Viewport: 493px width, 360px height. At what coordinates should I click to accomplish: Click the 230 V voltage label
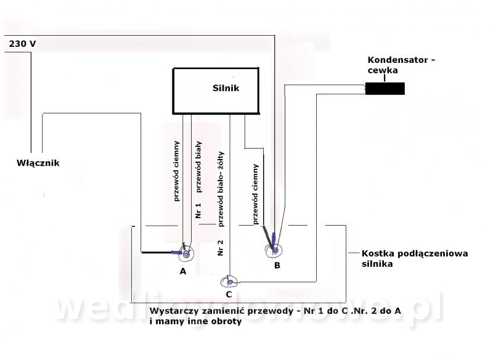click(22, 44)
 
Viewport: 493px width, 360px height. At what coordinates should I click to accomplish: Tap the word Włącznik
click(38, 163)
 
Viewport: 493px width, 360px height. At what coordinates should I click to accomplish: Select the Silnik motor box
click(216, 91)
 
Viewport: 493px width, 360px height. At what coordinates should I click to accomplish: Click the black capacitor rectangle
click(385, 89)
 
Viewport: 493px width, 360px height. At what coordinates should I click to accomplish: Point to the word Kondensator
click(397, 60)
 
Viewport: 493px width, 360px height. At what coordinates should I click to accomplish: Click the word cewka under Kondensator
click(383, 70)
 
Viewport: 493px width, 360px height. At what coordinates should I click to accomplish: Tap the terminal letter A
click(183, 271)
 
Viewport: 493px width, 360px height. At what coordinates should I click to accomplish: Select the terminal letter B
click(277, 265)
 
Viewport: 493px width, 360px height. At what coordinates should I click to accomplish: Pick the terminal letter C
click(229, 295)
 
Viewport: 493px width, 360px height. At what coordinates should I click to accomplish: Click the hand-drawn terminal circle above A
click(187, 253)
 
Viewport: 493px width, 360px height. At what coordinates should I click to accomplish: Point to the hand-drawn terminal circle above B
click(274, 250)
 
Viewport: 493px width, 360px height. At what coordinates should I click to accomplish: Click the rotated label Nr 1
click(198, 210)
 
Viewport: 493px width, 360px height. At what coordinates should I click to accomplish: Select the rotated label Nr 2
click(221, 247)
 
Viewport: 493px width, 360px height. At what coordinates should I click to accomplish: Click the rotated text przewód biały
click(198, 167)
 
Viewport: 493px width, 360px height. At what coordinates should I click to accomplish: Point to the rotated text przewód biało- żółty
click(221, 189)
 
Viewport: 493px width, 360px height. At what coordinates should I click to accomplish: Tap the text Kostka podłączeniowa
click(415, 253)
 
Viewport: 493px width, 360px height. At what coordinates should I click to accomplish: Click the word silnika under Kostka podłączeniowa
click(377, 263)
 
